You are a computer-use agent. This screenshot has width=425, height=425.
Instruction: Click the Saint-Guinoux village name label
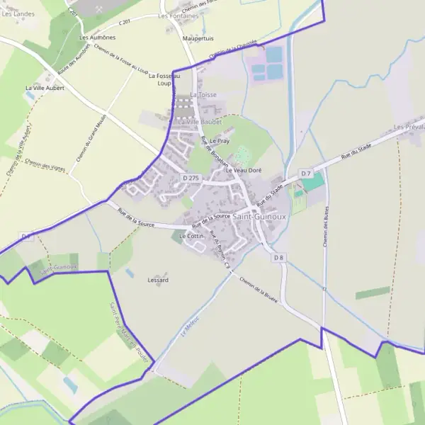tap(260, 216)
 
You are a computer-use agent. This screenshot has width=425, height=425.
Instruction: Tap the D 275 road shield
tap(190, 178)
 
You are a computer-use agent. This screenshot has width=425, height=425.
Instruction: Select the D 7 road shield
tap(306, 174)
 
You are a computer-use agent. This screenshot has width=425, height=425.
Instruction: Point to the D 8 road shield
tap(278, 258)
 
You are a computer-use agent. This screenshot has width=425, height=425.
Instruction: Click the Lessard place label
tap(158, 280)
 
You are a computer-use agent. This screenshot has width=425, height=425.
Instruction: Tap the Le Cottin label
tap(191, 235)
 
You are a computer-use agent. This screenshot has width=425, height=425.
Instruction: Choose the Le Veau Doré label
tap(244, 171)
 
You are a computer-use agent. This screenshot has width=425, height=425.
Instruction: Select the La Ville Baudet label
tap(200, 122)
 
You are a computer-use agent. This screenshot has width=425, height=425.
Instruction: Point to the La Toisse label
tap(203, 94)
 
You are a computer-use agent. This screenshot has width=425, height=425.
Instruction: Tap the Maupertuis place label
tap(198, 38)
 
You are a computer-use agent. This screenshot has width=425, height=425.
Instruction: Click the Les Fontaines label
tap(178, 16)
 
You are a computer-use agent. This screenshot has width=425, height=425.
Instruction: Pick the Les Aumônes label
tap(98, 37)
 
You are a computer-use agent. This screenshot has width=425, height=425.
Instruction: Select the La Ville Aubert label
tap(45, 88)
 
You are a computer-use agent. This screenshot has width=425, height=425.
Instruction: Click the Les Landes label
tap(18, 13)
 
